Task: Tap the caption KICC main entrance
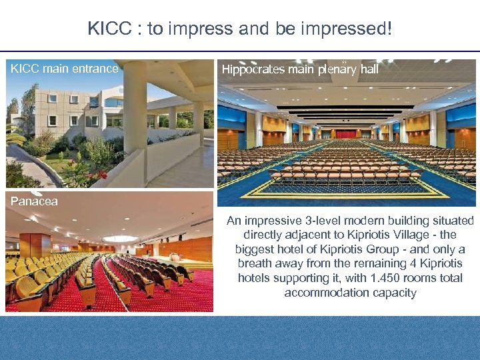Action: [x=64, y=69]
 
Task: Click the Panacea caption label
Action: [x=34, y=201]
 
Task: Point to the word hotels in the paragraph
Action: [x=255, y=278]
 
